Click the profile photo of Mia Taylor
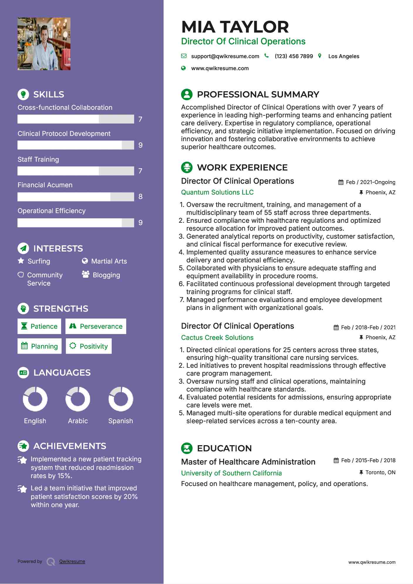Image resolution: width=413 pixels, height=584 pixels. [44, 44]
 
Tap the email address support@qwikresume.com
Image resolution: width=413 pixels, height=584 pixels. [225, 56]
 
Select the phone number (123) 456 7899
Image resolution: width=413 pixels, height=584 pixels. [294, 56]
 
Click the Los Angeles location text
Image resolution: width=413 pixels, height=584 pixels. [343, 56]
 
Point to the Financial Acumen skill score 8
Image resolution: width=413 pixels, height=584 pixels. [140, 197]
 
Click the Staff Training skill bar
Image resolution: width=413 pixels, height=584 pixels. [76, 171]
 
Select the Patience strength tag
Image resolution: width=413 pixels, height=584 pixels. [39, 326]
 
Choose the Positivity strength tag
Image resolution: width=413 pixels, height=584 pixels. [89, 346]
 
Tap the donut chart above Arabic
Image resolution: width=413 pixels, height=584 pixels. [78, 399]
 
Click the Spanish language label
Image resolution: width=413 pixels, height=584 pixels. [120, 421]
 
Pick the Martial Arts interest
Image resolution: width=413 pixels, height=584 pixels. [109, 261]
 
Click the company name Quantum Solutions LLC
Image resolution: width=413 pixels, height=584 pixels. [217, 193]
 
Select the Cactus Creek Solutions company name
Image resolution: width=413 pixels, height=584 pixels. [217, 337]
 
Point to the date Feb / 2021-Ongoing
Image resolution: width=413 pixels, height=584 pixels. [370, 182]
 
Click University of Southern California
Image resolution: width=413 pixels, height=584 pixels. [231, 473]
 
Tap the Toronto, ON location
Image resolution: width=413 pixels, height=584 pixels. [380, 472]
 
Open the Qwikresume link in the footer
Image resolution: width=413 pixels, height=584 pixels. [72, 561]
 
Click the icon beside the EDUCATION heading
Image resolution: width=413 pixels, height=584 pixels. [187, 448]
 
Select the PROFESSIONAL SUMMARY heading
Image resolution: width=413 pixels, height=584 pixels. [258, 94]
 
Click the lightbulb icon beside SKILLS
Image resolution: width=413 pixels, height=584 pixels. [23, 94]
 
